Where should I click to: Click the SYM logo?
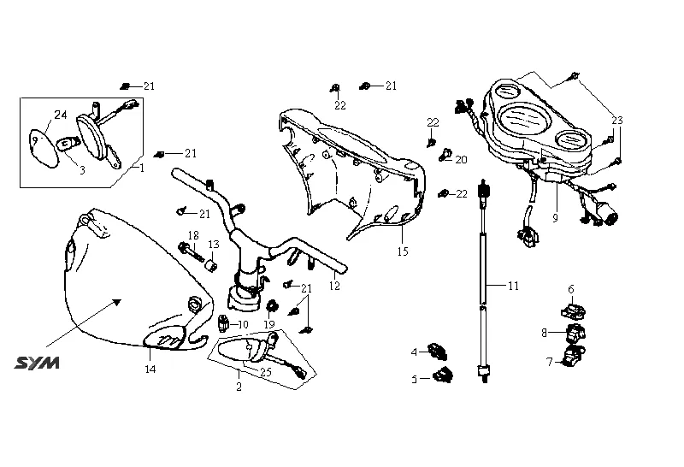click(37, 364)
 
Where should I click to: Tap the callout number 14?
click(150, 369)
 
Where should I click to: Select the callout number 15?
click(403, 251)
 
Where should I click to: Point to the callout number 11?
click(513, 286)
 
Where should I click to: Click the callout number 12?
click(334, 286)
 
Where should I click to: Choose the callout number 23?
click(617, 121)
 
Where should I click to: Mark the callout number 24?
click(61, 115)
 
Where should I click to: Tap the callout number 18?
click(193, 235)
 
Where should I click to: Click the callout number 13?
click(214, 245)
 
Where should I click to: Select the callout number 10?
click(243, 325)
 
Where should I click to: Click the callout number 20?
click(462, 159)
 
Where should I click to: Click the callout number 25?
click(265, 371)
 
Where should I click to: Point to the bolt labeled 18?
click(187, 250)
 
